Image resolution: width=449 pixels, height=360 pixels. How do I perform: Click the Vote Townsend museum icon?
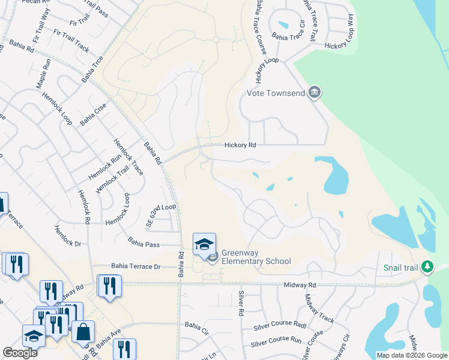(314, 92)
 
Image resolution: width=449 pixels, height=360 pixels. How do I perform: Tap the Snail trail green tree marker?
(427, 266)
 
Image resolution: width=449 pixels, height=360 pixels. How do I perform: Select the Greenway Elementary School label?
(256, 257)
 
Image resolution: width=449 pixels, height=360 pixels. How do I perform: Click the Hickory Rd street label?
(240, 145)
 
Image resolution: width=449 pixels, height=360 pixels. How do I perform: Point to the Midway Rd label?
(300, 285)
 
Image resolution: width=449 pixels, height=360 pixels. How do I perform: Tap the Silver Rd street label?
(241, 303)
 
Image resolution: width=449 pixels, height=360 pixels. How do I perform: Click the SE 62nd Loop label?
(161, 215)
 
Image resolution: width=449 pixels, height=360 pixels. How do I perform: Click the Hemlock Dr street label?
(68, 236)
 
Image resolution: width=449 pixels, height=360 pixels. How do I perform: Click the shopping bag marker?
(84, 331)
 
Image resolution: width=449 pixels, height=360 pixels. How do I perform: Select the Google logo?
(20, 353)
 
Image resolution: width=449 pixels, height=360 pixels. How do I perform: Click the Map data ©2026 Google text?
(411, 355)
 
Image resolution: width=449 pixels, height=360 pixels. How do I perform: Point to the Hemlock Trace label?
(128, 157)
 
